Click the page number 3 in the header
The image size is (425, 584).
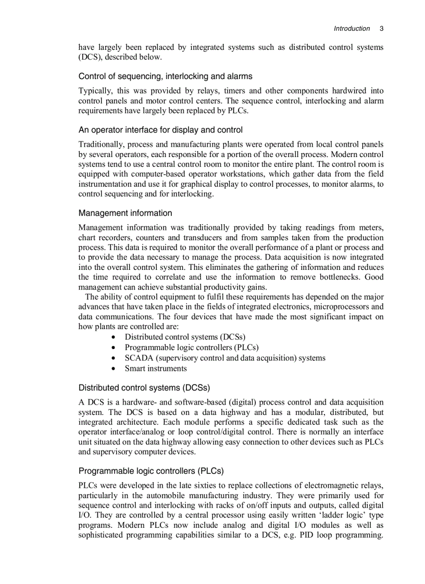pos(381,29)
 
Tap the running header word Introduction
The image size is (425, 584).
pos(352,29)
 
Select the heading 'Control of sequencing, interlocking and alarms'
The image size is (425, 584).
pos(165,76)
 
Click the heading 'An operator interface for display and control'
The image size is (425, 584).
pos(160,129)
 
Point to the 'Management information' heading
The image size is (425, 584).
pos(125,213)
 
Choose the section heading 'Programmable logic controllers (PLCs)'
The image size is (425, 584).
pos(151,471)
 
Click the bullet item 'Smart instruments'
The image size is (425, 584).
pos(155,369)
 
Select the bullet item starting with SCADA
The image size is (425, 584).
pos(224,358)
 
